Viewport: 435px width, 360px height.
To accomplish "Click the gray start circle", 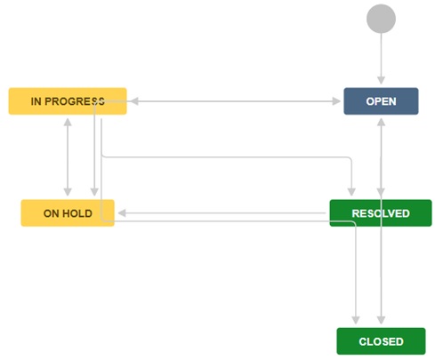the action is [381, 19].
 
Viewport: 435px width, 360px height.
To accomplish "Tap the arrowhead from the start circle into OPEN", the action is [381, 80].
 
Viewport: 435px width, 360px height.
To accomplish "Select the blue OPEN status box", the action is [381, 101].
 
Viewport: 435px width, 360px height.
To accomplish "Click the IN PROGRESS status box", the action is [68, 101].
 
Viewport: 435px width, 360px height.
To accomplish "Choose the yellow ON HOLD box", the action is [68, 213].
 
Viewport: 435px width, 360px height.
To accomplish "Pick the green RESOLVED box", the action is [381, 213].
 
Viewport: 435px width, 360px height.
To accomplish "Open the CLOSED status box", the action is [381, 341].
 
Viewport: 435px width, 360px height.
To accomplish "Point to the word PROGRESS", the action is [75, 101].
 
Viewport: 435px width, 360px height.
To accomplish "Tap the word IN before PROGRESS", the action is [36, 101].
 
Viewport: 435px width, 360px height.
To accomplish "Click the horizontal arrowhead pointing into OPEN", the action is [336, 101].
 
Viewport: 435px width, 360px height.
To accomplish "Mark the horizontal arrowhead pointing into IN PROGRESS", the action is [134, 101].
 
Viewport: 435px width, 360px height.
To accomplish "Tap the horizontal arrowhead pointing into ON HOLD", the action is [122, 213].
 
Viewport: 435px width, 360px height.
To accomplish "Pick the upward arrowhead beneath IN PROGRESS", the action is [68, 123].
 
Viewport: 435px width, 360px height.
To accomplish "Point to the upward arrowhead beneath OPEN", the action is [381, 123].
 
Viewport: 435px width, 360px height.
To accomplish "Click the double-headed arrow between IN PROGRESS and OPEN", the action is [236, 101].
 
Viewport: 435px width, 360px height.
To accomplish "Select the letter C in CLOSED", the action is [363, 341].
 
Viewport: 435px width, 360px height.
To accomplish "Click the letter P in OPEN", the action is [379, 101].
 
